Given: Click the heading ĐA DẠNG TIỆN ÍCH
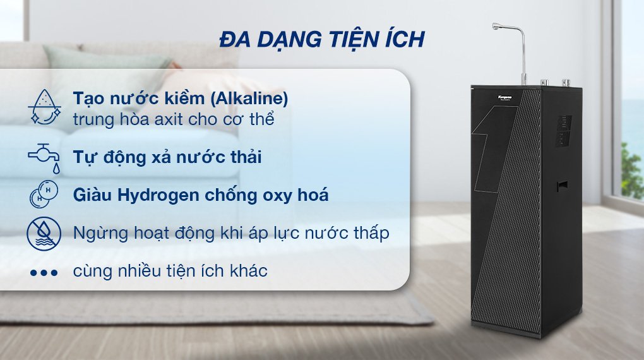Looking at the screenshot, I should pyautogui.click(x=322, y=39).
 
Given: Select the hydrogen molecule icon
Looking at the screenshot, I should pyautogui.click(x=44, y=195).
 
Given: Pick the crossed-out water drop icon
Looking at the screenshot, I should pyautogui.click(x=44, y=233).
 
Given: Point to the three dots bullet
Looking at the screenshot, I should pyautogui.click(x=44, y=273).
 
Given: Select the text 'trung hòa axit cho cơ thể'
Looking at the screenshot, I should pyautogui.click(x=173, y=119).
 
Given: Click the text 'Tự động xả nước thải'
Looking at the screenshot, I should pyautogui.click(x=167, y=157).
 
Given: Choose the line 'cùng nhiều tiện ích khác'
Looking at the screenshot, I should pyautogui.click(x=170, y=272).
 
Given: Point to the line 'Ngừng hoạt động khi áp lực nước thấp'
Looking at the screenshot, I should pyautogui.click(x=230, y=233).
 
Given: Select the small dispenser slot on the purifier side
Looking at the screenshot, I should pyautogui.click(x=561, y=186).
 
